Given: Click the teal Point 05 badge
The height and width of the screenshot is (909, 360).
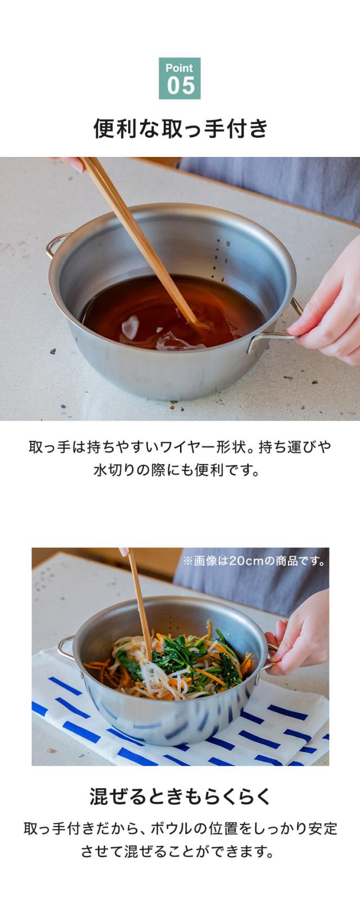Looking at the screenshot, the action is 179,78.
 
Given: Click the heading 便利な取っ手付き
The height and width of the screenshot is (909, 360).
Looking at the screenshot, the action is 181,129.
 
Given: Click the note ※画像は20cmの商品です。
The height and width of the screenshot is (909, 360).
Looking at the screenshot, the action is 254,561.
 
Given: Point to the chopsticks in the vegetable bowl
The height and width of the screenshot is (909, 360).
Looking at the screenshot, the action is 140,604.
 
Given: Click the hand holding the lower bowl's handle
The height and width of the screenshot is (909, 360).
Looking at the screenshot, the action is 300,633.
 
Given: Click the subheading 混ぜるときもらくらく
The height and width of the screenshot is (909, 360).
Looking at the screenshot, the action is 180,796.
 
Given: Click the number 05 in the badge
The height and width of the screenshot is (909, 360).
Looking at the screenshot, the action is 181,85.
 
